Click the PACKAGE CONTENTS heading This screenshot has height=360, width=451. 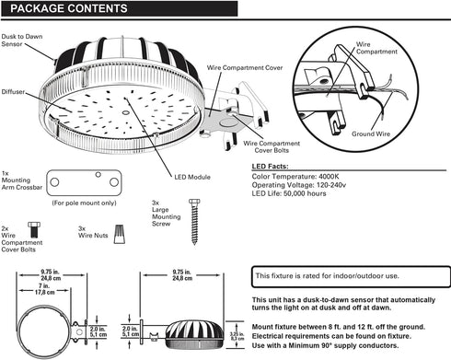pyautogui.click(x=69, y=8)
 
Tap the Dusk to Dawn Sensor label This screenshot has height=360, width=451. pyautogui.click(x=22, y=41)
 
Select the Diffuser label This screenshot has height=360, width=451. pyautogui.click(x=13, y=92)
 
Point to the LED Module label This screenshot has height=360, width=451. pyautogui.click(x=192, y=177)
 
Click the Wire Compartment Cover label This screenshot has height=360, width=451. pyautogui.click(x=245, y=67)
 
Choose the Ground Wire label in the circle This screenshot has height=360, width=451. pyautogui.click(x=371, y=134)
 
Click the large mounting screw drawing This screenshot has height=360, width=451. pyautogui.click(x=194, y=222)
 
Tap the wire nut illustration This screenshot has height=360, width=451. pyautogui.click(x=120, y=234)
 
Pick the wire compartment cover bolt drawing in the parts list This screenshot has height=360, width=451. pyautogui.click(x=34, y=230)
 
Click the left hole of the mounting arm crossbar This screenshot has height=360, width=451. pyautogui.click(x=54, y=182)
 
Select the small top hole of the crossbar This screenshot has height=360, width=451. pyautogui.click(x=98, y=175)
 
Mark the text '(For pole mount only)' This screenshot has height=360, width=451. pyautogui.click(x=84, y=203)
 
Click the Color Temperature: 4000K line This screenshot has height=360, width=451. pyautogui.click(x=295, y=177)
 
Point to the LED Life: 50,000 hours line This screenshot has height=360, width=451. pyautogui.click(x=289, y=193)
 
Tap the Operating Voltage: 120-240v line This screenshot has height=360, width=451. pyautogui.click(x=299, y=185)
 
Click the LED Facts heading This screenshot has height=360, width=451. pyautogui.click(x=270, y=167)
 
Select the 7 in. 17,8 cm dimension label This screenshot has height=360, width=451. pyautogui.click(x=44, y=289)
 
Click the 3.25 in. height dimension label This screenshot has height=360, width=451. pyautogui.click(x=237, y=336)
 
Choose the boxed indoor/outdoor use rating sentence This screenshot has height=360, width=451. pyautogui.click(x=327, y=276)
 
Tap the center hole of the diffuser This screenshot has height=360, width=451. pyautogui.click(x=125, y=112)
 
